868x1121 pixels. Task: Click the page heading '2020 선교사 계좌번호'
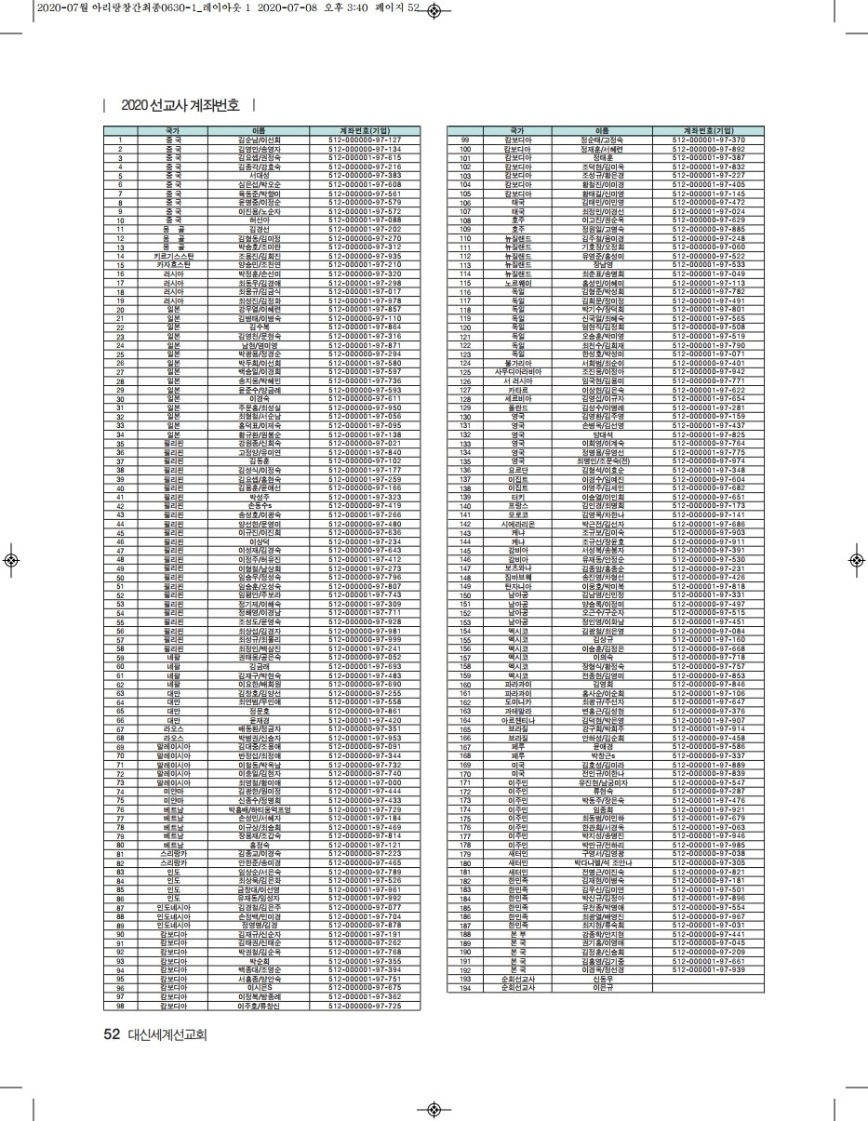(180, 105)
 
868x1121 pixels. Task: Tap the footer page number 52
(112, 1034)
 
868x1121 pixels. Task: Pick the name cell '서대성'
(260, 175)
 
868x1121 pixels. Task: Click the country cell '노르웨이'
(517, 282)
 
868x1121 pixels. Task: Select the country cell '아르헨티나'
(517, 719)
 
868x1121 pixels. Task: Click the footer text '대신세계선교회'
(167, 1034)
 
